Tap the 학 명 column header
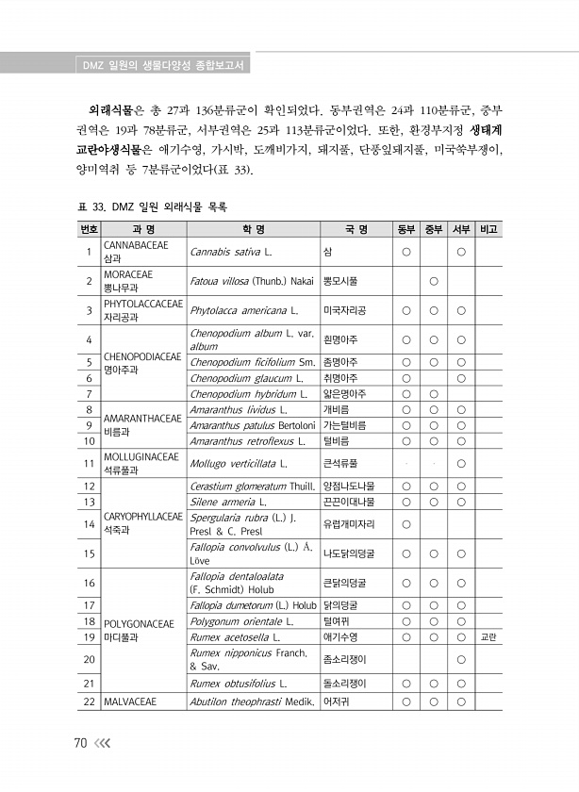(253, 229)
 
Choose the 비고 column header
(489, 229)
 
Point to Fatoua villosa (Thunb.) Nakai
(251, 280)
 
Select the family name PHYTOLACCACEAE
(142, 304)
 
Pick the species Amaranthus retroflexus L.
(248, 440)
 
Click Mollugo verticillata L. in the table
(238, 463)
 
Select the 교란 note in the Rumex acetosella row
(489, 637)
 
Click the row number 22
(88, 701)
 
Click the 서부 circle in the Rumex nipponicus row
(461, 658)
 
